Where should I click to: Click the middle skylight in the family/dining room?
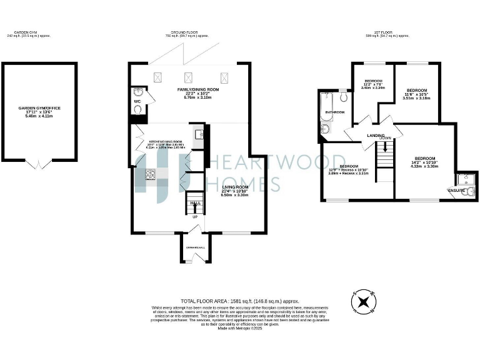(x=187, y=78)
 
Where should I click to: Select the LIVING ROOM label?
(x=234, y=187)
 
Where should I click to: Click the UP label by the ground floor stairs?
(x=195, y=217)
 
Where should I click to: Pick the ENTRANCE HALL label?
(x=194, y=248)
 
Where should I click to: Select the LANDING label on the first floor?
(x=375, y=135)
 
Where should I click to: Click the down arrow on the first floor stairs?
(x=385, y=147)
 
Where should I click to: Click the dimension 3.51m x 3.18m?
(x=416, y=98)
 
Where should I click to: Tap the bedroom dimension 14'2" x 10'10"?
(x=424, y=162)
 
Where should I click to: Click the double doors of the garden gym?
(x=39, y=164)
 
